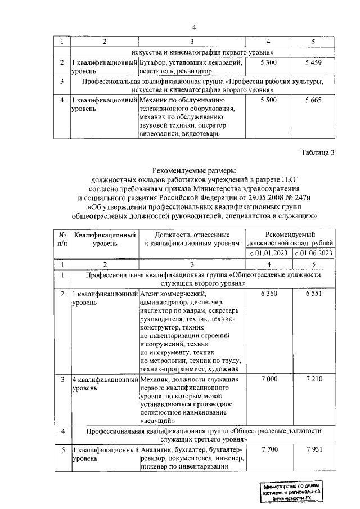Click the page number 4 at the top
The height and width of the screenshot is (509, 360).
193,28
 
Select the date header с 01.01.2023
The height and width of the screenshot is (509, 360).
269,253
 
